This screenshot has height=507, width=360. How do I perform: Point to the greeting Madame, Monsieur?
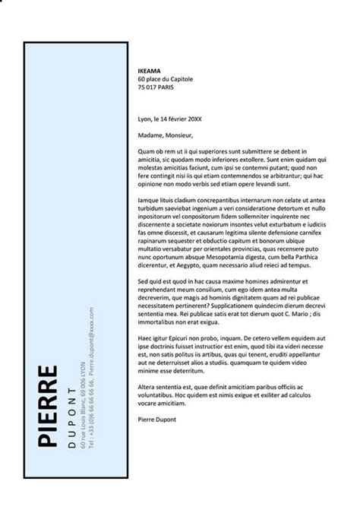pyautogui.click(x=160, y=136)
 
